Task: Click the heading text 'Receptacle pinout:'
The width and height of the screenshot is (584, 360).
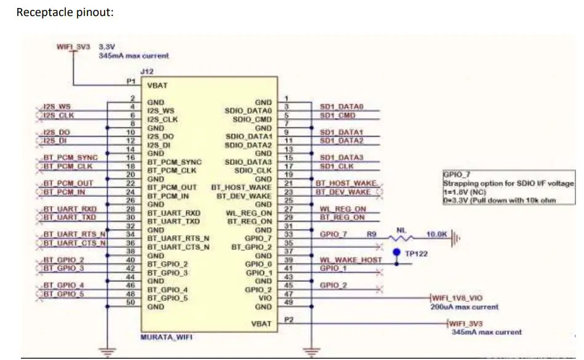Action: (x=65, y=12)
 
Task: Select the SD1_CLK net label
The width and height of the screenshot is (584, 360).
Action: (x=337, y=166)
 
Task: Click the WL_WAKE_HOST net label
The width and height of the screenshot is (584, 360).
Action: (x=351, y=260)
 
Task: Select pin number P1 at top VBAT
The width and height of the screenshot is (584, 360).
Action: (x=130, y=81)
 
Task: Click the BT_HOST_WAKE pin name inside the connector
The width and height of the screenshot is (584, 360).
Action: (x=241, y=186)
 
